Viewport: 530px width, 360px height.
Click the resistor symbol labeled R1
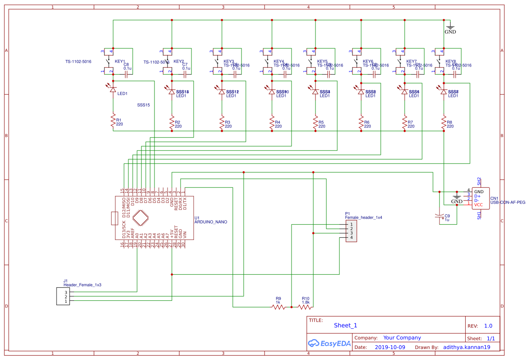113,121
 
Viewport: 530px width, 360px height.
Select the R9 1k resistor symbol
278,307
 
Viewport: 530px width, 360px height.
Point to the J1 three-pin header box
63,297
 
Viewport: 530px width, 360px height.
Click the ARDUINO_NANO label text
211,222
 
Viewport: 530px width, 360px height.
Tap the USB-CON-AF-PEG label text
508,202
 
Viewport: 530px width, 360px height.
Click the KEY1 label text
120,62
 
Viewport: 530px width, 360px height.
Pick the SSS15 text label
144,105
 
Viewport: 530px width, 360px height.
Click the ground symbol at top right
450,27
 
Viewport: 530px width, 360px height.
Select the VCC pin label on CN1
479,204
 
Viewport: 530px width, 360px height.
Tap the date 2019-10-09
389,347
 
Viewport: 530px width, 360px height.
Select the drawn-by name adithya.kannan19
466,347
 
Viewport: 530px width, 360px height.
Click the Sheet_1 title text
346,325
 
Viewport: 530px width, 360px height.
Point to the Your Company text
402,338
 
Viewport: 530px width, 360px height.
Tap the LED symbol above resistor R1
113,89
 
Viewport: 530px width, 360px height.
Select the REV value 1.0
488,326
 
